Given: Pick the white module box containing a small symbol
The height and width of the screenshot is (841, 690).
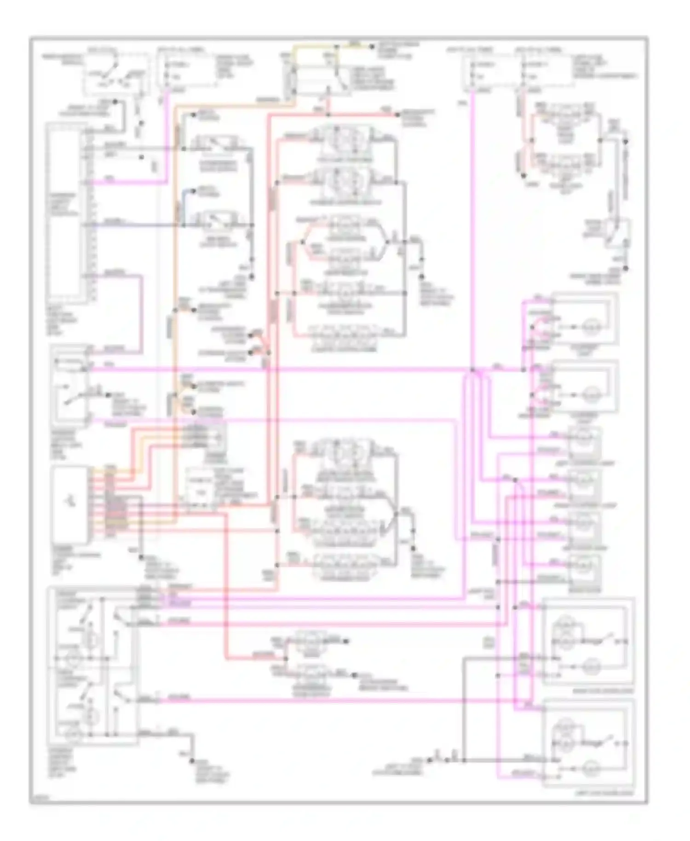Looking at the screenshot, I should [x=70, y=504].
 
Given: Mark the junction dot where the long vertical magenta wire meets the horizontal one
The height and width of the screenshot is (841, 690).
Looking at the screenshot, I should [x=472, y=369].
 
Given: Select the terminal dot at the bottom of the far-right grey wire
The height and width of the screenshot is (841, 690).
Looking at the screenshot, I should [x=626, y=268].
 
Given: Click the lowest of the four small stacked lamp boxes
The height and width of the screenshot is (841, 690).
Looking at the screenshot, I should [x=584, y=570].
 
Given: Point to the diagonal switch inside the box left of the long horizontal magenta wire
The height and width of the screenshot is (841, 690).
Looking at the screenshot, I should [x=74, y=397].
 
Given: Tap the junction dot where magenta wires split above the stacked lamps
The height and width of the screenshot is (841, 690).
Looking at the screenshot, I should [x=516, y=480].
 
